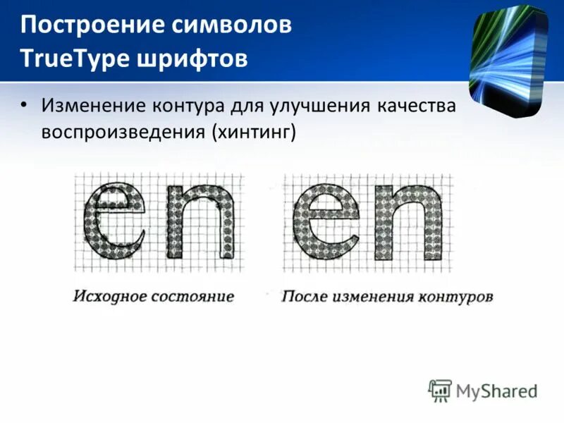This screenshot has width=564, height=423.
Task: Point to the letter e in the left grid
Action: [116, 222]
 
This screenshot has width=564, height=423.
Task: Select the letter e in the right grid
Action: [328, 222]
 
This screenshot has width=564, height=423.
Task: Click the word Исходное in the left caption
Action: [105, 296]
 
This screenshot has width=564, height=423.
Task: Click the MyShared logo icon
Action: [440, 390]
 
